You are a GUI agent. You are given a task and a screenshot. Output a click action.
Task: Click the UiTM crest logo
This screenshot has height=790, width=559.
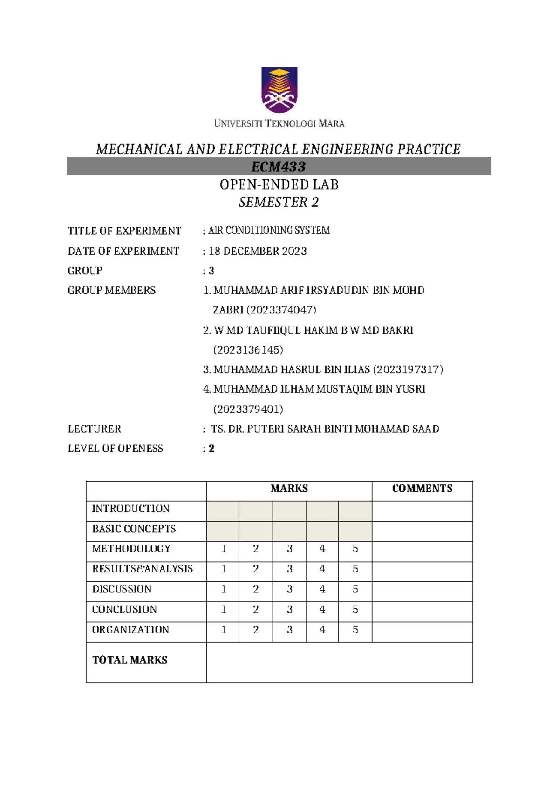(x=279, y=90)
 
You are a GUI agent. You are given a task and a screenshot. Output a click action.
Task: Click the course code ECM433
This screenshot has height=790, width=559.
(x=279, y=166)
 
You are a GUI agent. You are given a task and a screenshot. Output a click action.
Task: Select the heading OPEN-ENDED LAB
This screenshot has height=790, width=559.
(x=279, y=184)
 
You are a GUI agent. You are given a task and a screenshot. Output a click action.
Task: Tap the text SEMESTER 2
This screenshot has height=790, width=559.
(x=279, y=202)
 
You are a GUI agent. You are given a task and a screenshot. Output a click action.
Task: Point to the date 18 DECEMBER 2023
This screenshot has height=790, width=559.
(x=258, y=251)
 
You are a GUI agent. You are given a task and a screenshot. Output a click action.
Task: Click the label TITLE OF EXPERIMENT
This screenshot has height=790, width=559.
(x=124, y=231)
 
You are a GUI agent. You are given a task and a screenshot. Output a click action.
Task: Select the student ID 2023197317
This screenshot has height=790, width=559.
(x=408, y=369)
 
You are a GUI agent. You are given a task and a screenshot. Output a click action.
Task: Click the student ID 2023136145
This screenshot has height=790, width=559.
(x=248, y=350)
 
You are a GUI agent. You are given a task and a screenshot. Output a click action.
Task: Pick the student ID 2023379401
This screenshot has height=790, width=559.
(x=248, y=409)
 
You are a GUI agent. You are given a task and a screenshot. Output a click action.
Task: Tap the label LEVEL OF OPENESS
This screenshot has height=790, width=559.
(x=116, y=449)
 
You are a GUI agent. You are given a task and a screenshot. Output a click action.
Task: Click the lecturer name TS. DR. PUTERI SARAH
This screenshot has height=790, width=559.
(x=325, y=429)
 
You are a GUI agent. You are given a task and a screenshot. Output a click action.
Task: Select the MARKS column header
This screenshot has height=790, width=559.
(x=289, y=489)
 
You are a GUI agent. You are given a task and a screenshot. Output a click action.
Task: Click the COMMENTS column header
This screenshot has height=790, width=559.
(x=422, y=489)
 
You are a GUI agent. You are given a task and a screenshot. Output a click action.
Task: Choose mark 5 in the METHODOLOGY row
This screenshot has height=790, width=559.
(x=355, y=549)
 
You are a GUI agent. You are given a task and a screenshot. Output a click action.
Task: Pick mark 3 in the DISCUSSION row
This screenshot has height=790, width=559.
(x=289, y=589)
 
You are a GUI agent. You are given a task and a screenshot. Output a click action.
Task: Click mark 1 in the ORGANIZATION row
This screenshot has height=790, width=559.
(x=223, y=630)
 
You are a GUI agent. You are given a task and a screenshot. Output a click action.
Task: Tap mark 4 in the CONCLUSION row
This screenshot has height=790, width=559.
(x=322, y=609)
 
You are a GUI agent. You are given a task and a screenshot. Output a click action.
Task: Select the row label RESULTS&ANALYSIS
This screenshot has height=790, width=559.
(x=142, y=569)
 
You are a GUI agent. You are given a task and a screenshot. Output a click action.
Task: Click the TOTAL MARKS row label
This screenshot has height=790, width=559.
(x=130, y=660)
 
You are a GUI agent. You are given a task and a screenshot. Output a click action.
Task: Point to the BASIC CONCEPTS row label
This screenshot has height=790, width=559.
(x=134, y=529)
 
